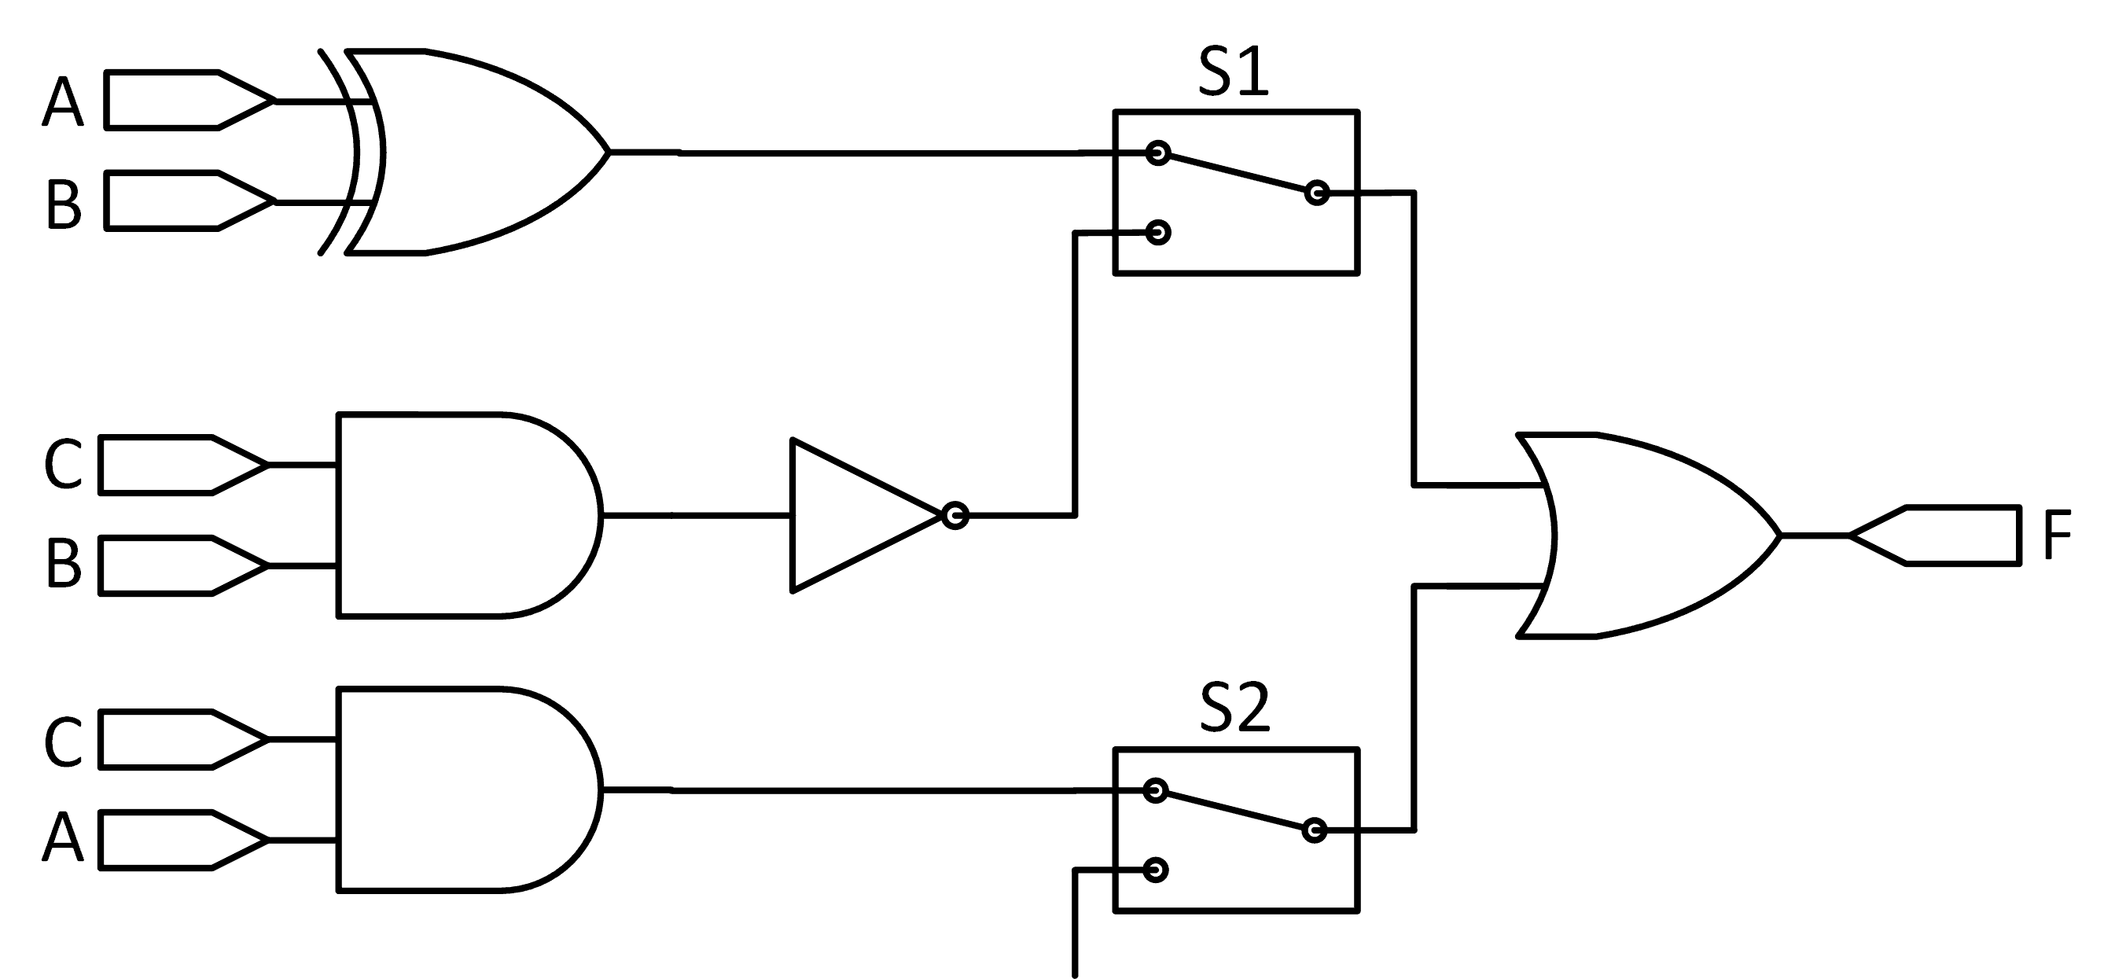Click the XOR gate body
click(476, 153)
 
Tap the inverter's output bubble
click(955, 516)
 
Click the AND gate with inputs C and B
click(460, 515)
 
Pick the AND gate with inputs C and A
click(460, 789)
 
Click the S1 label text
click(1233, 73)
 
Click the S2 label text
click(1234, 708)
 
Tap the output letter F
click(2058, 535)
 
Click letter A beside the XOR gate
click(63, 102)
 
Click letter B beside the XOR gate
click(63, 203)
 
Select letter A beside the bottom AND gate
click(63, 837)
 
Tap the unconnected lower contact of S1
click(1157, 233)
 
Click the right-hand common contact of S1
click(1316, 193)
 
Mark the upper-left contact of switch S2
click(1155, 790)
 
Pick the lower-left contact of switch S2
click(1155, 870)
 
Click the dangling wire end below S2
click(1075, 973)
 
